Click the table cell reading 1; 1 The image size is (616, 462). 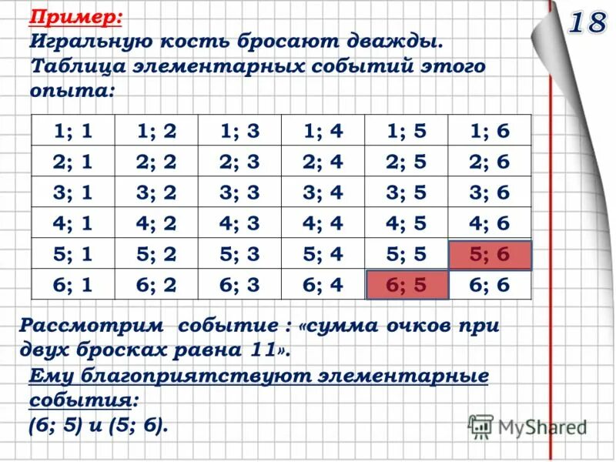(73, 131)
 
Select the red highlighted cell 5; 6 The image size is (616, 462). (489, 254)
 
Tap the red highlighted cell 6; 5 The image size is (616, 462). (407, 284)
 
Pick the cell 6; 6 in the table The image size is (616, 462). (489, 284)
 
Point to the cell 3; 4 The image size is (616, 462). (323, 192)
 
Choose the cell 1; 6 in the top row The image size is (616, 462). (489, 131)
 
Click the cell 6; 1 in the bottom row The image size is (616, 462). (73, 284)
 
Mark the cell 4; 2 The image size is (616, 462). (156, 223)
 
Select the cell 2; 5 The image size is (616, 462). (407, 162)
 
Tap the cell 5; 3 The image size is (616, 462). (239, 254)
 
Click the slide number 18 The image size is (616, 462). (588, 23)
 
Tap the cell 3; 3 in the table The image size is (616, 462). (239, 192)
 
